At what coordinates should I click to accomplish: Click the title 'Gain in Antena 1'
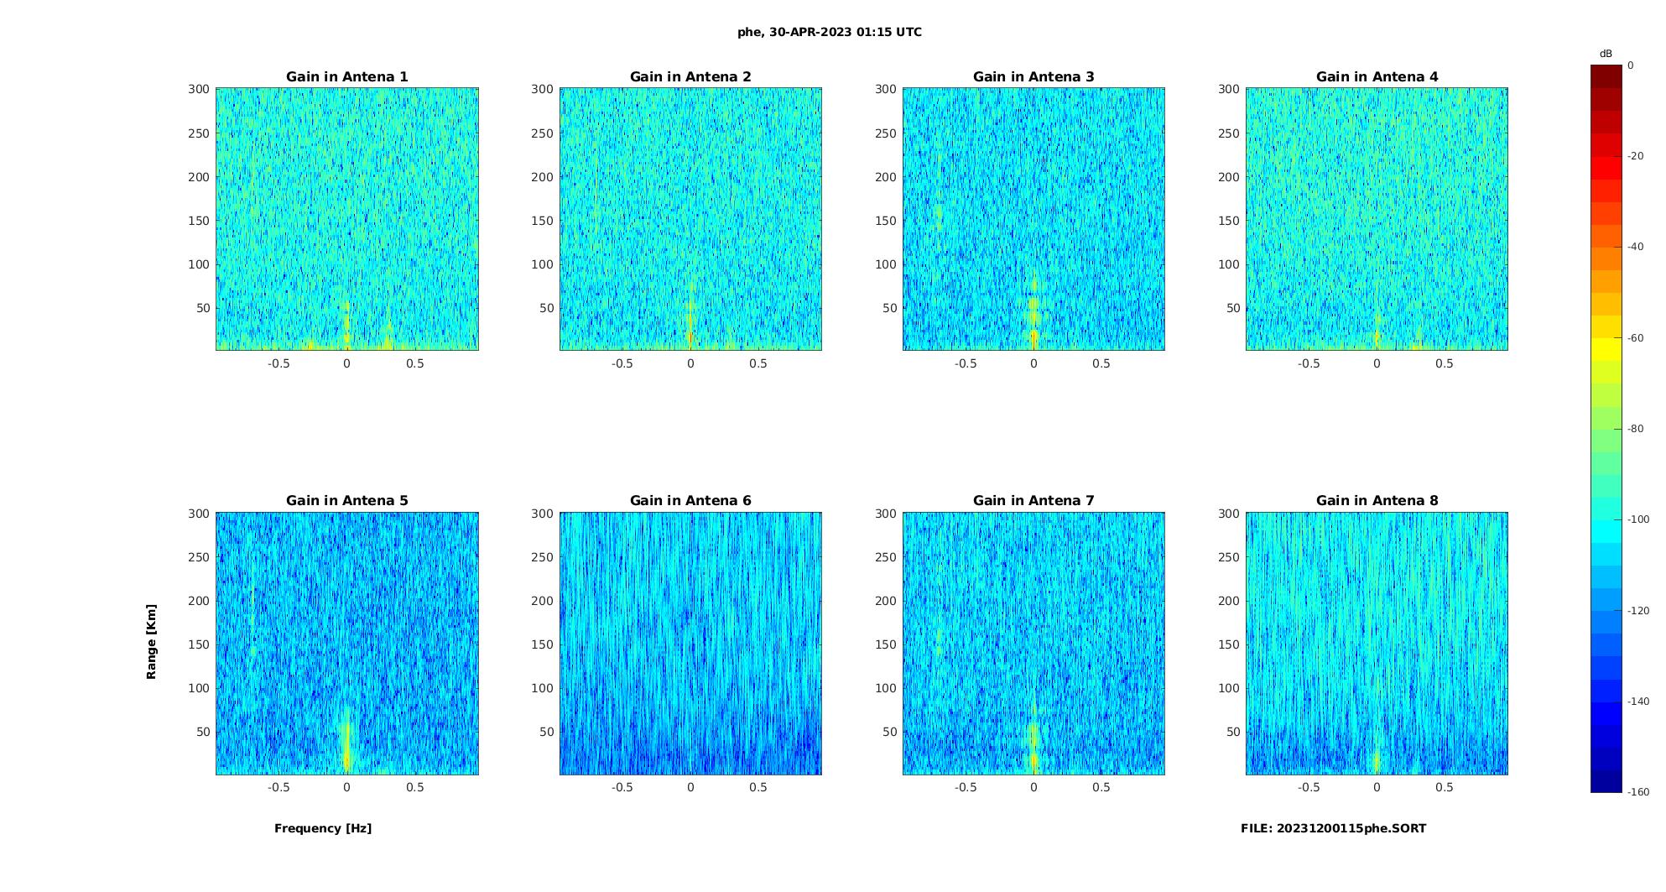[346, 77]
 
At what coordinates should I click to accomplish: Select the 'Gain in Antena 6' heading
[690, 501]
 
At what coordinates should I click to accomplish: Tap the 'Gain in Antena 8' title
[1377, 501]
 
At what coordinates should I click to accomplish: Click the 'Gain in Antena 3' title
[1033, 77]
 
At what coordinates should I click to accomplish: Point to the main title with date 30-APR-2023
[830, 33]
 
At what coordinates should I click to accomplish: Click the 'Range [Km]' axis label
[152, 642]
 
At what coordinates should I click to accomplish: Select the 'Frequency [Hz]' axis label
[323, 828]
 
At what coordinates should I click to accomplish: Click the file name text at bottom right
[1333, 828]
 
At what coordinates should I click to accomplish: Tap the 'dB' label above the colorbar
[1606, 54]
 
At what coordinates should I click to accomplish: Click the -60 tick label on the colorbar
[1636, 338]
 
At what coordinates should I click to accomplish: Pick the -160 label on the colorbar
[1638, 792]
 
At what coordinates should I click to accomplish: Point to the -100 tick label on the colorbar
[1638, 519]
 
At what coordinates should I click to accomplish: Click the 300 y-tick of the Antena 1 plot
[199, 89]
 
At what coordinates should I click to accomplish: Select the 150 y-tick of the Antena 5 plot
[199, 644]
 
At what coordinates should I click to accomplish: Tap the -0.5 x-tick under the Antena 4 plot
[1309, 363]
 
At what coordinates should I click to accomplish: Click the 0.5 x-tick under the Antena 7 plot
[1101, 787]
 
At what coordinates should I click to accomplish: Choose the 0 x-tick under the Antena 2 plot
[690, 363]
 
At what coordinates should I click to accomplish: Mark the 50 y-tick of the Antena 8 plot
[1233, 732]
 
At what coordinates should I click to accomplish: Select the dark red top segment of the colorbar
[1606, 76]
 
